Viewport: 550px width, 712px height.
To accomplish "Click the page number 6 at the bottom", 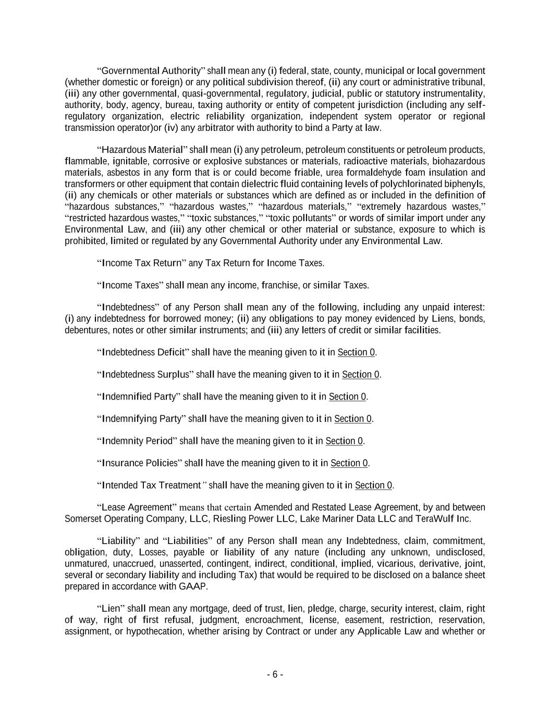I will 275,674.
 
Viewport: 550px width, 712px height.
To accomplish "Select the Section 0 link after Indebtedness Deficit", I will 356,352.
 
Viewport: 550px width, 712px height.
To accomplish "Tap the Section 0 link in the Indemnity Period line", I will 344,441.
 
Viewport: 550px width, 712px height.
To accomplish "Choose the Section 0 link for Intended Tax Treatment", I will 373,485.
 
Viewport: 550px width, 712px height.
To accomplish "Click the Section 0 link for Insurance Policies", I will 349,463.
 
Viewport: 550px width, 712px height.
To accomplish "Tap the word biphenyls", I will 467,184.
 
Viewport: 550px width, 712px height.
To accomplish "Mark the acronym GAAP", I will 193,586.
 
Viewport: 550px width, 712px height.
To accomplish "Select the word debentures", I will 85,330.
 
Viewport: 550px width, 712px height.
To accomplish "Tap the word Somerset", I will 82,518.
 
